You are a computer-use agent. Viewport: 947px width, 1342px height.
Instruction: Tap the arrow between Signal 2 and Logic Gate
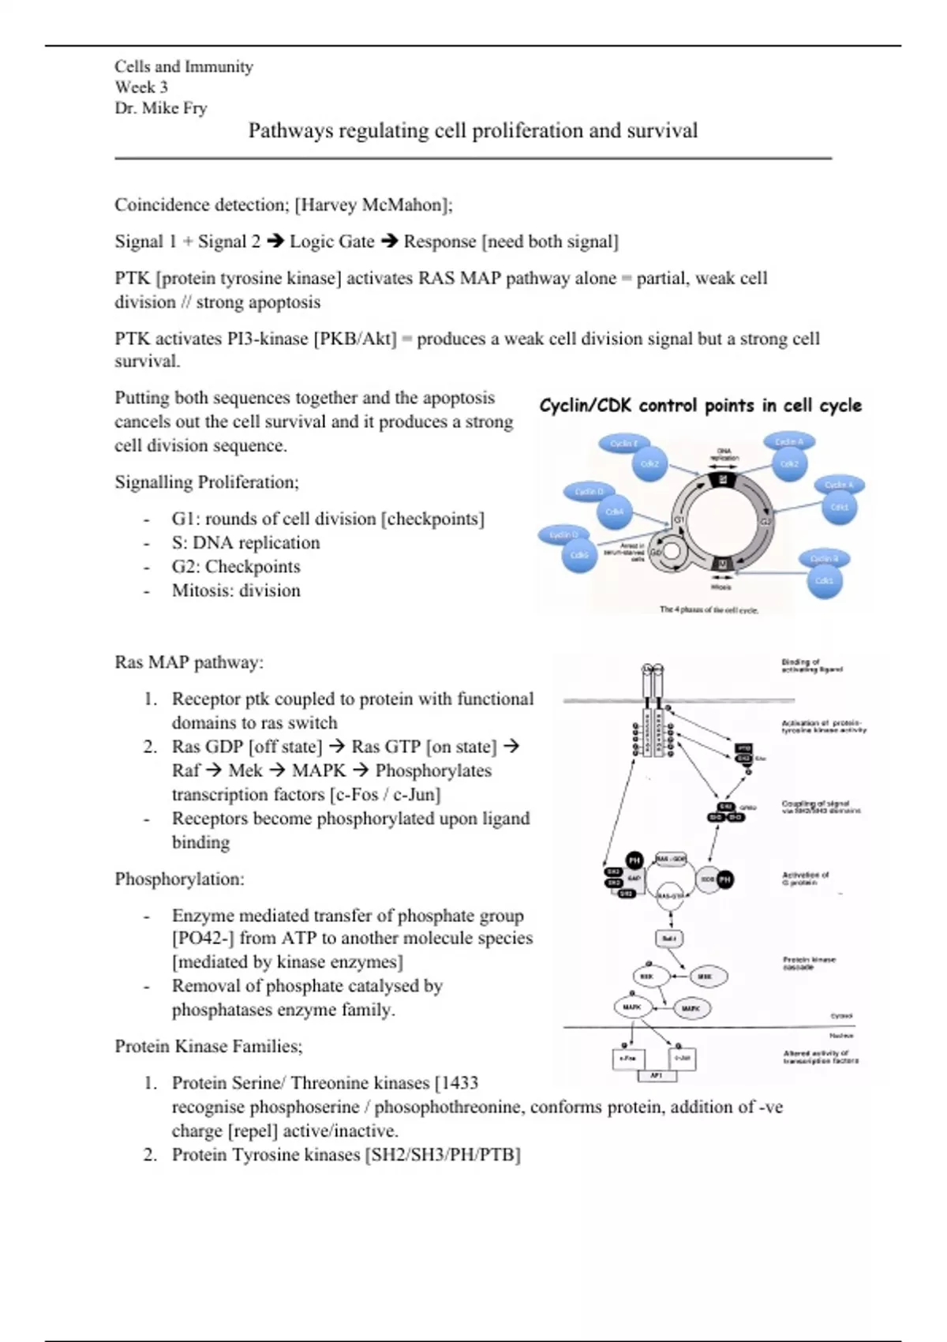pyautogui.click(x=275, y=242)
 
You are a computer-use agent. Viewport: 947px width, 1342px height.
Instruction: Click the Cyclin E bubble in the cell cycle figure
pyautogui.click(x=623, y=444)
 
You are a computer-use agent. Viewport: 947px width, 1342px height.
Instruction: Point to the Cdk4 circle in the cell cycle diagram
pyautogui.click(x=615, y=512)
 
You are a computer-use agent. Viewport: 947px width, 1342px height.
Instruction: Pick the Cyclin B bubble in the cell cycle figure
pyautogui.click(x=824, y=559)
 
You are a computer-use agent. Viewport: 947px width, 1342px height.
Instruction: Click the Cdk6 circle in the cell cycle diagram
pyautogui.click(x=579, y=555)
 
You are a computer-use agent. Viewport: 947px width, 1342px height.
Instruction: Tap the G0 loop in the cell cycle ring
pyautogui.click(x=670, y=552)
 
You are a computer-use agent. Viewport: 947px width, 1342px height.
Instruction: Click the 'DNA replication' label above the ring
pyautogui.click(x=724, y=455)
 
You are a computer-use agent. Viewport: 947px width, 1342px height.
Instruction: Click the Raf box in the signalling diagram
pyautogui.click(x=669, y=939)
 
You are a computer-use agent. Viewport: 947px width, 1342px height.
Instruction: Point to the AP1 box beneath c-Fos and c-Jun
pyautogui.click(x=656, y=1075)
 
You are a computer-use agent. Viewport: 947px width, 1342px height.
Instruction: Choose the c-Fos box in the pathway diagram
pyautogui.click(x=628, y=1058)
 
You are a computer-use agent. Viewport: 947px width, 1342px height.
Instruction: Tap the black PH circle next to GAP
pyautogui.click(x=634, y=860)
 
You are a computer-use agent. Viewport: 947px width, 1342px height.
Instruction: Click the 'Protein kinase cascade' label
pyautogui.click(x=809, y=963)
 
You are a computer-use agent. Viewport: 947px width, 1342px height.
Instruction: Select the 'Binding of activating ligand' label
pyautogui.click(x=811, y=665)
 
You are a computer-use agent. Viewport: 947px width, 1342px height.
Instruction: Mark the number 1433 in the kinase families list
pyautogui.click(x=459, y=1083)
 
